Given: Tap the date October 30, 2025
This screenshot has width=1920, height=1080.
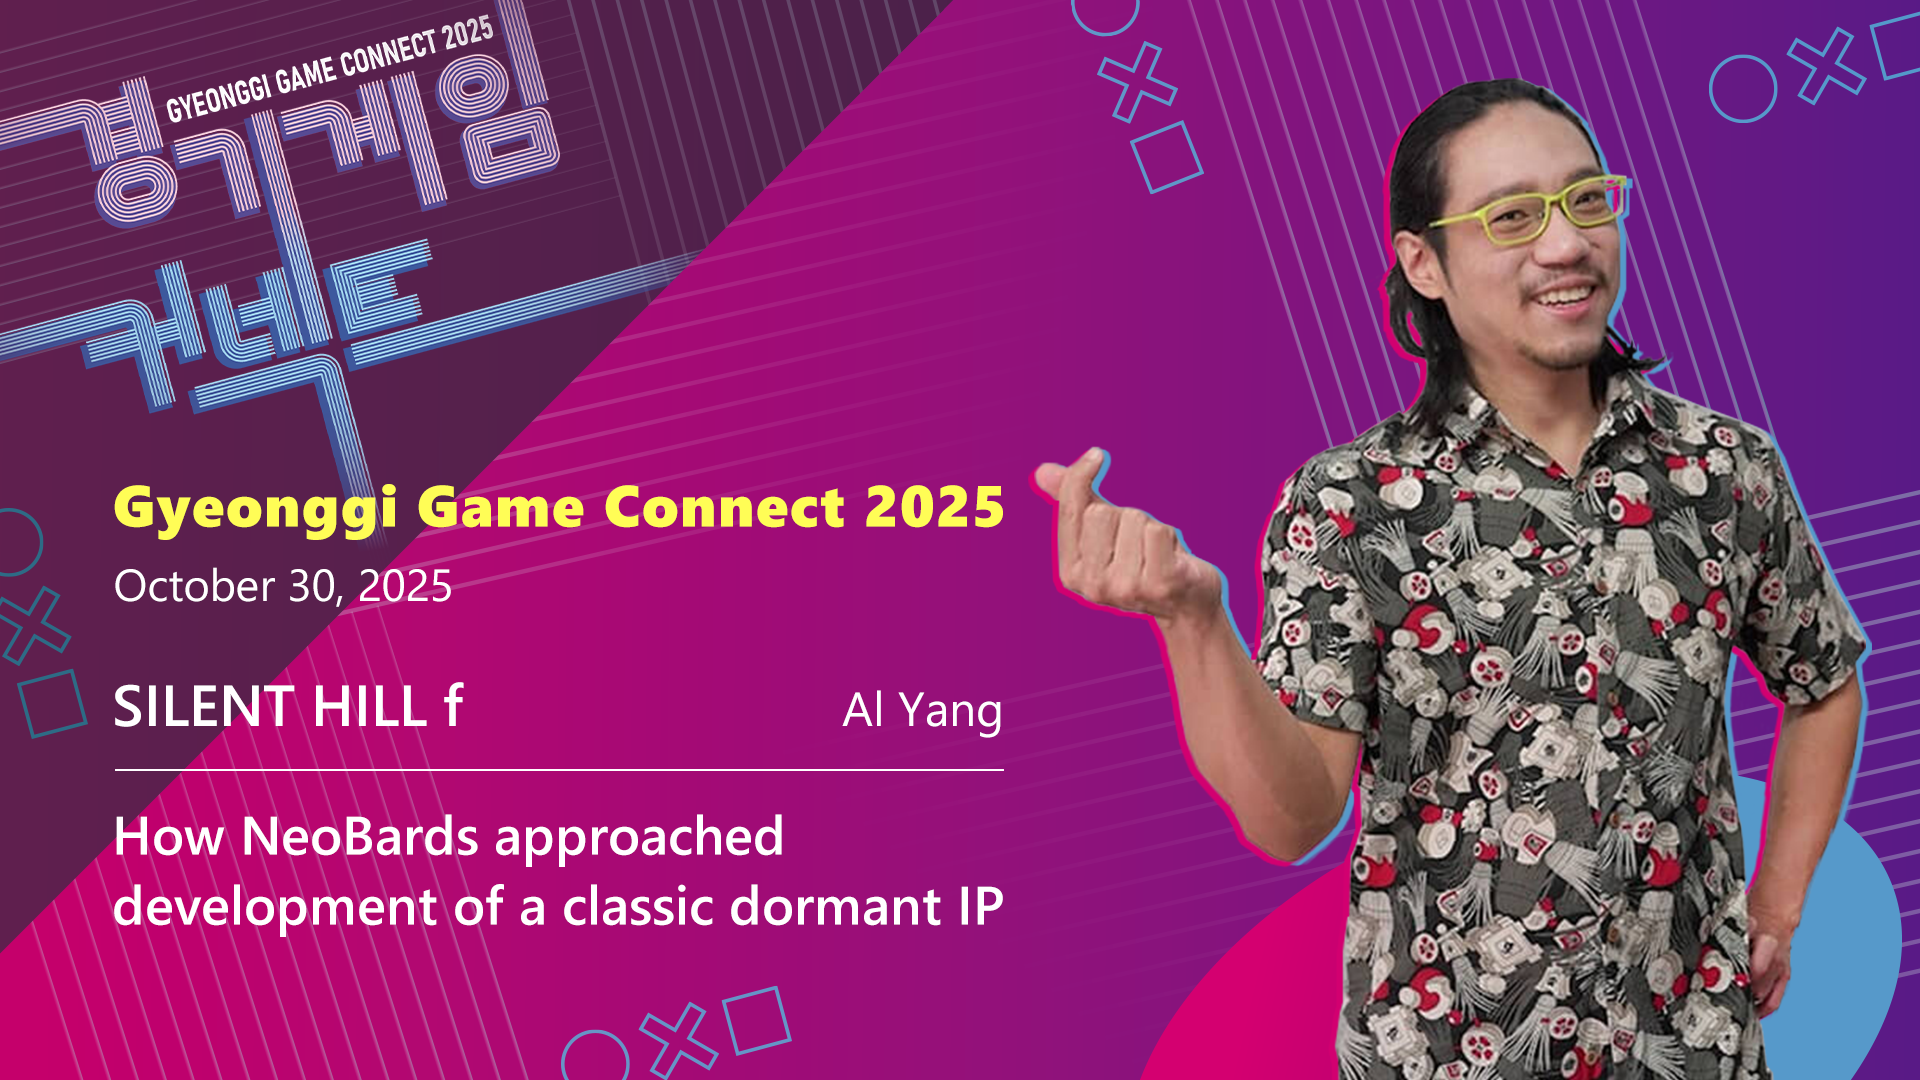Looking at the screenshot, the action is (x=283, y=586).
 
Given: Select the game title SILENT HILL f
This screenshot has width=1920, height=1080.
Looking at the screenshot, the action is (x=288, y=706).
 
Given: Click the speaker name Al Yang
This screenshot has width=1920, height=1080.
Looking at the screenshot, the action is (x=922, y=712).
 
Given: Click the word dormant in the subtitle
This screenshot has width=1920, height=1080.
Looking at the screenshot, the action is (x=836, y=906).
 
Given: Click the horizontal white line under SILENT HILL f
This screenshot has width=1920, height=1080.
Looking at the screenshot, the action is (x=559, y=770).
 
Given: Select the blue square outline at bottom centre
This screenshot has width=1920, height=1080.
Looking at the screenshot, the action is (x=757, y=1020).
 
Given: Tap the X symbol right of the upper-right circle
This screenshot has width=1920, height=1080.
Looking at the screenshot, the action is (x=1827, y=66).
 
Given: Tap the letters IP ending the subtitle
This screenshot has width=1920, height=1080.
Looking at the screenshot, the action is (x=980, y=906).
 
